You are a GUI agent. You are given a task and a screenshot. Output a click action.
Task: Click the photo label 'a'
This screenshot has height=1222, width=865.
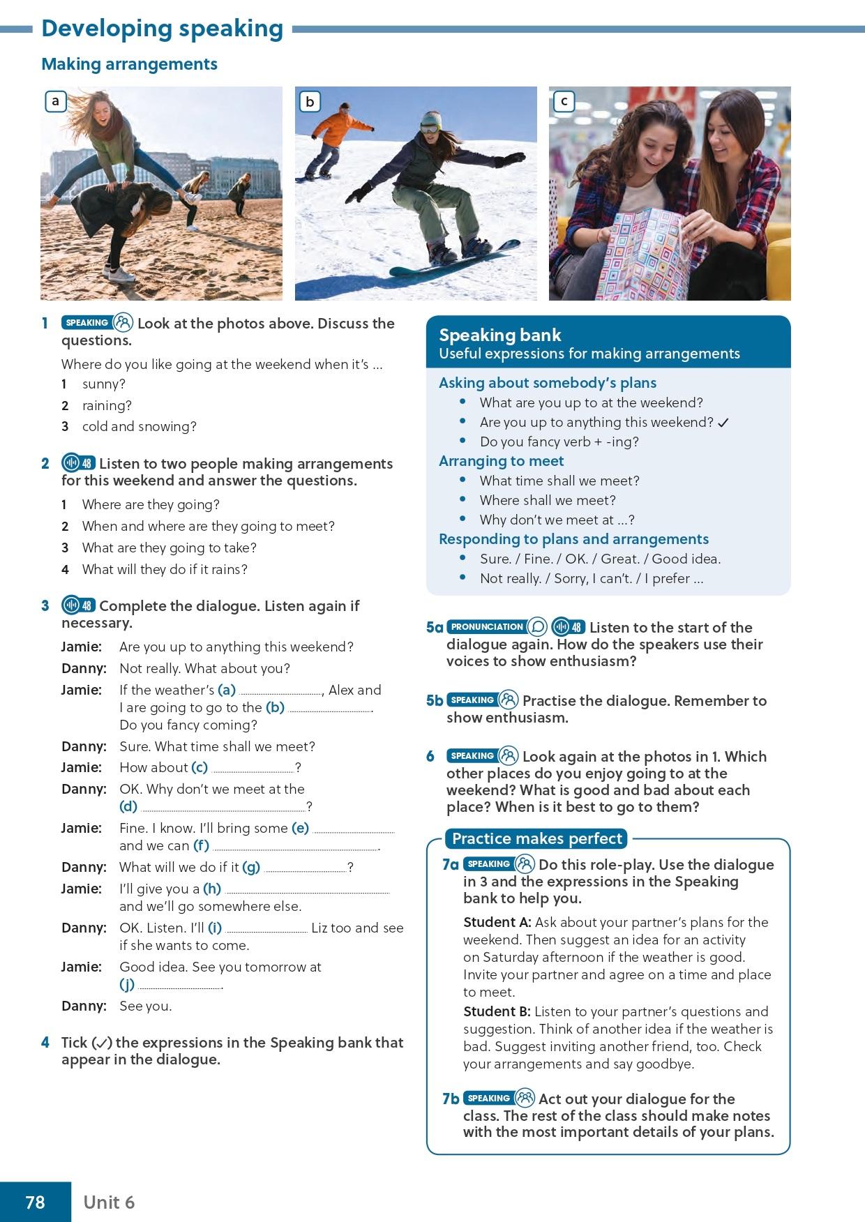click(55, 102)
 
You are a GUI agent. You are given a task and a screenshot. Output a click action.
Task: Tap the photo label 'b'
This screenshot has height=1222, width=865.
click(309, 102)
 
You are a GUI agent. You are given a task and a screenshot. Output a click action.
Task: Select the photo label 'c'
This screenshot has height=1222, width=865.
click(563, 102)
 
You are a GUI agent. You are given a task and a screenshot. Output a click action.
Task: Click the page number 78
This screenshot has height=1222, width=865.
click(35, 1202)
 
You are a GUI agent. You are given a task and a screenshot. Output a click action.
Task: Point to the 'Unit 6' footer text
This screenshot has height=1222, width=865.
click(109, 1202)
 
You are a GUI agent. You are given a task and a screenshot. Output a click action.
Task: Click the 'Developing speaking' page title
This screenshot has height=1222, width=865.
click(162, 29)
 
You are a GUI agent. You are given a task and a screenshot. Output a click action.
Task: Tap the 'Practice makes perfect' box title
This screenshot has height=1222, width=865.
click(536, 838)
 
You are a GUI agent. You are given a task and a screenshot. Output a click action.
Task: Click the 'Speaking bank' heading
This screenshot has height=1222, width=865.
click(499, 335)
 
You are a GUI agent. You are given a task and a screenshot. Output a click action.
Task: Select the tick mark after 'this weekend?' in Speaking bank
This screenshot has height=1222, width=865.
click(723, 423)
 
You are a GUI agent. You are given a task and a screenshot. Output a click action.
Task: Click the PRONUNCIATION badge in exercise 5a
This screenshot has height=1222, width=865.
click(487, 626)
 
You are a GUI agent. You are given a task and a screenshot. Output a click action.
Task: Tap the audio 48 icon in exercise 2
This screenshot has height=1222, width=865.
click(78, 463)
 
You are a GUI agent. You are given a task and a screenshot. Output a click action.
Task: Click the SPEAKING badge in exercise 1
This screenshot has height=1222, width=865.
click(86, 323)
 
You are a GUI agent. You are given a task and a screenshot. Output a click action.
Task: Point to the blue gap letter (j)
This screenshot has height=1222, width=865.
click(127, 985)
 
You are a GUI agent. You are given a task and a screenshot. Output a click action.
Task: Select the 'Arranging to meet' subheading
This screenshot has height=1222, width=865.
click(501, 461)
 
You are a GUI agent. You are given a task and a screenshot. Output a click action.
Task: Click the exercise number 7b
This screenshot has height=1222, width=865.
click(451, 1099)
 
